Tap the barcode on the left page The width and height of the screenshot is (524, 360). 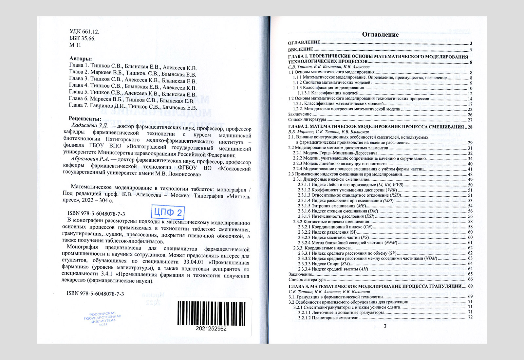[x=211, y=313]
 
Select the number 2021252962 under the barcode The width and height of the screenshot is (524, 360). [x=211, y=329]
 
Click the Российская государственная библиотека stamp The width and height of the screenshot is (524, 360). [x=103, y=318]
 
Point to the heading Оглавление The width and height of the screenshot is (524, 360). [x=380, y=35]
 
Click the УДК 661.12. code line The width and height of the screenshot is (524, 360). [x=84, y=32]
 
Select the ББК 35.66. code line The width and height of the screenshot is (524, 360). [x=82, y=38]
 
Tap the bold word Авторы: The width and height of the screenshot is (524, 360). [x=81, y=59]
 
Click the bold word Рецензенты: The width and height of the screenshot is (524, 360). [x=85, y=119]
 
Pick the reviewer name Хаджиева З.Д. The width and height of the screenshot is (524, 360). [x=89, y=126]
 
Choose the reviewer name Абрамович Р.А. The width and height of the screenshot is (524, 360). [x=90, y=159]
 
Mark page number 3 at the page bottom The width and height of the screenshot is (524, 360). [x=385, y=326]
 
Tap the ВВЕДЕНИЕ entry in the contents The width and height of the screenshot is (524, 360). [x=301, y=50]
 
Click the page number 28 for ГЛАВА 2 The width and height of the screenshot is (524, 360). [x=470, y=127]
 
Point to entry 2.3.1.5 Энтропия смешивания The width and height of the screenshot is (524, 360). [x=332, y=206]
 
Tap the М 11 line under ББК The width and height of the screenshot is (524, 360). [x=75, y=45]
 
